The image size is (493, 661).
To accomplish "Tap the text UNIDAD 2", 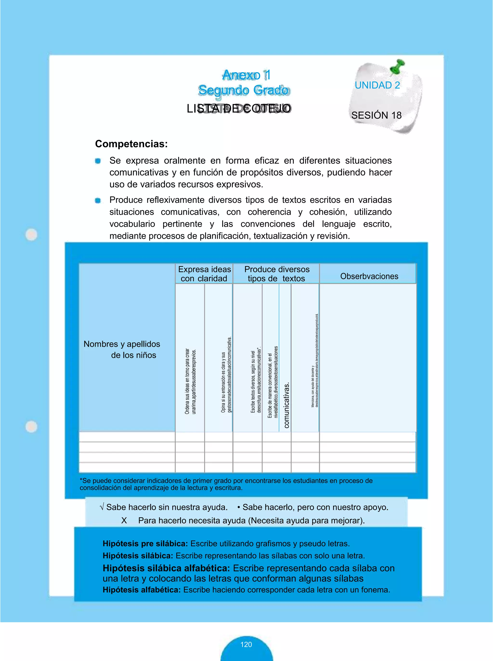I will click(377, 85).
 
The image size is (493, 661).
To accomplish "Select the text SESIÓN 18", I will click(376, 115).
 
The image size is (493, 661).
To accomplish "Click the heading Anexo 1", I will click(246, 75).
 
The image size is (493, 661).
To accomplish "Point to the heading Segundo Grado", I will click(244, 90).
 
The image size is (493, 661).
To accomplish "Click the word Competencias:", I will click(131, 144).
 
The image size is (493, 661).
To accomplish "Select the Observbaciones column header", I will click(369, 276).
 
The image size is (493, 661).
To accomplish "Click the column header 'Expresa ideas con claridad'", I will click(204, 274).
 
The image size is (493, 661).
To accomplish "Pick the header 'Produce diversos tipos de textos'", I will click(277, 274).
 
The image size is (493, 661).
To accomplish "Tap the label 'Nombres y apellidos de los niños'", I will click(122, 349).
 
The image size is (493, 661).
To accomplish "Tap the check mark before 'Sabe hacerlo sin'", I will click(102, 507).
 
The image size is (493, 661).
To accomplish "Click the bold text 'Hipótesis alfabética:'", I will click(142, 590).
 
